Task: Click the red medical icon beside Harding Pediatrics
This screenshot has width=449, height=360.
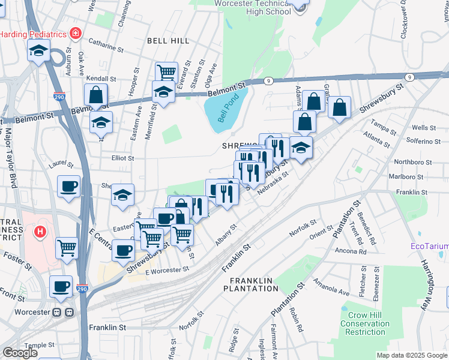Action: click(x=75, y=34)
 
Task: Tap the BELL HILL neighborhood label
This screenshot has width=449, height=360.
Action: click(x=168, y=41)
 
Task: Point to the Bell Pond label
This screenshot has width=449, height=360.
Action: click(x=228, y=109)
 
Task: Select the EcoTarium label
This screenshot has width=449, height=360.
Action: click(x=429, y=246)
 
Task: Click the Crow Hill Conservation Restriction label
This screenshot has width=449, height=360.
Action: click(x=366, y=323)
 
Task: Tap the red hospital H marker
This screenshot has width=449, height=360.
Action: click(x=40, y=232)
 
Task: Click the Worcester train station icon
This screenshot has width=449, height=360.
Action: click(x=64, y=313)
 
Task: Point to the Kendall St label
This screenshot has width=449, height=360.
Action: click(x=100, y=79)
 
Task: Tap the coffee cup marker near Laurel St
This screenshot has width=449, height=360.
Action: click(x=68, y=186)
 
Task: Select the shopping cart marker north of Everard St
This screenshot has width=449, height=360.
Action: click(x=166, y=73)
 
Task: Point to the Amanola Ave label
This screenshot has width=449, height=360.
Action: click(x=331, y=292)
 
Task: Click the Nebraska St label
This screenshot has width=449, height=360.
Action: click(x=273, y=181)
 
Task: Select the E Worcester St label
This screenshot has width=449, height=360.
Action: click(x=166, y=271)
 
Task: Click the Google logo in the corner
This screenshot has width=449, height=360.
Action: click(x=20, y=353)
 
